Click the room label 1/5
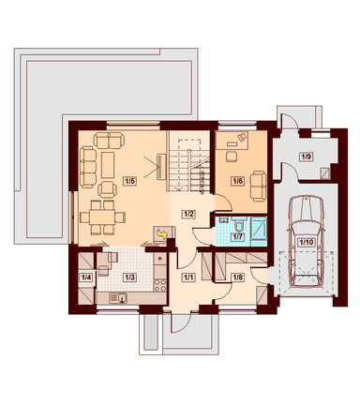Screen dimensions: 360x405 (130, 181)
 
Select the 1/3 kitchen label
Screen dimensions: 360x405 (129, 277)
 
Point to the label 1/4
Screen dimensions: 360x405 (86, 277)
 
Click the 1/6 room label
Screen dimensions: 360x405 (237, 181)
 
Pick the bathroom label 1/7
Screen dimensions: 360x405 (237, 236)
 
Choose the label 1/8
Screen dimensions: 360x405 (237, 277)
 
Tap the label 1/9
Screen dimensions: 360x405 (306, 157)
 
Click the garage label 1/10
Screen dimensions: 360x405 (307, 242)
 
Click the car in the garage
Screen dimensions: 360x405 (307, 241)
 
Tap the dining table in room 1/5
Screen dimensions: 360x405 (102, 217)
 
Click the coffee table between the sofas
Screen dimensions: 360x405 (108, 165)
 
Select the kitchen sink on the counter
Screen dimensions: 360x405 (118, 298)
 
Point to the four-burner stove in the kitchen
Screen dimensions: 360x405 (160, 284)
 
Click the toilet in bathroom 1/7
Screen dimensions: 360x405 (240, 224)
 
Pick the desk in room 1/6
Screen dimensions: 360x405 (232, 140)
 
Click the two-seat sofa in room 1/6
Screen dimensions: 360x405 (259, 186)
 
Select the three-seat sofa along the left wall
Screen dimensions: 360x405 (88, 167)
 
